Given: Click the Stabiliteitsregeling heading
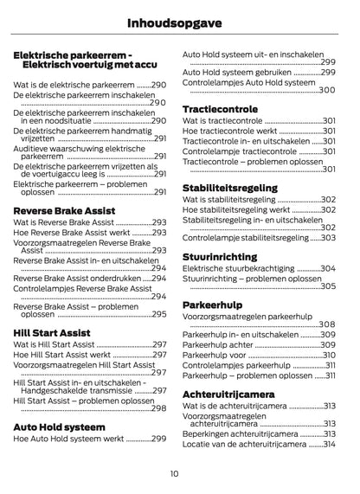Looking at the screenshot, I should pyautogui.click(x=230, y=187).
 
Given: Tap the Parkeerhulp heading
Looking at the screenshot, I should pyautogui.click(x=213, y=305).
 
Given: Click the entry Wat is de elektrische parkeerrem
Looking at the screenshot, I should pyautogui.click(x=74, y=86).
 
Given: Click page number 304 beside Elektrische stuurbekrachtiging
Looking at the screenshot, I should pyautogui.click(x=327, y=269).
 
